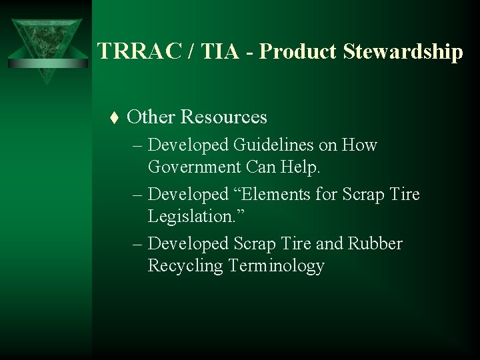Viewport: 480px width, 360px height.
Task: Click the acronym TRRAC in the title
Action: [x=135, y=52]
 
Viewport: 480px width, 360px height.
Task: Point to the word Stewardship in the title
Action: [x=402, y=52]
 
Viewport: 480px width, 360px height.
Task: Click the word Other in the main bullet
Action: [x=151, y=117]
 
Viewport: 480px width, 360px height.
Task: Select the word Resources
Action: [x=224, y=117]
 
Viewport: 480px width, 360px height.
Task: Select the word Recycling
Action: [x=186, y=265]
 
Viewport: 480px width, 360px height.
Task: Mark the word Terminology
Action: [x=276, y=265]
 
